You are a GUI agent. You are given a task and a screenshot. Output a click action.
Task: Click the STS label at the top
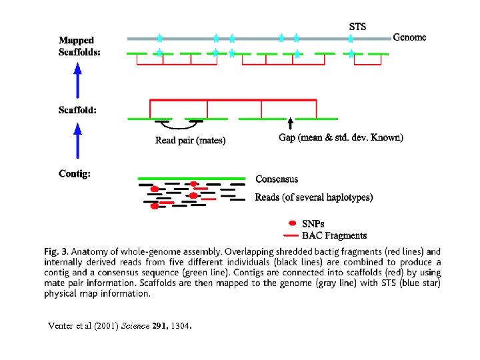click(357, 27)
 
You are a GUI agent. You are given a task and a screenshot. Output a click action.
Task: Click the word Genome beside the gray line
click(409, 37)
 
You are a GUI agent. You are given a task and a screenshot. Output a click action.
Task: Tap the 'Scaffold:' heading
click(77, 110)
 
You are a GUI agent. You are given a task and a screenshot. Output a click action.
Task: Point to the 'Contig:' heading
click(75, 174)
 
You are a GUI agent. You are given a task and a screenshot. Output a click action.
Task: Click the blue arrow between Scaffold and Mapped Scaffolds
click(78, 79)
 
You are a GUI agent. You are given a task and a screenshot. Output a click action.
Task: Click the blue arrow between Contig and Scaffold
click(78, 143)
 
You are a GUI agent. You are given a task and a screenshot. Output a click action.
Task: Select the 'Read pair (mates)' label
click(190, 140)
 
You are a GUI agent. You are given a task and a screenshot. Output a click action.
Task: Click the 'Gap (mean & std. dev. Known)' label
click(341, 138)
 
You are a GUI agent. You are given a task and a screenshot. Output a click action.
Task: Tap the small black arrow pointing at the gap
click(290, 124)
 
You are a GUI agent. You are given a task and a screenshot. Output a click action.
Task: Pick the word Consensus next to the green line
click(277, 179)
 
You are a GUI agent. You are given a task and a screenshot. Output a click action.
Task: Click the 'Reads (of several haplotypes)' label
click(313, 197)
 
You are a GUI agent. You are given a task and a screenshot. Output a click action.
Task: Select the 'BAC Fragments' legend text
click(334, 235)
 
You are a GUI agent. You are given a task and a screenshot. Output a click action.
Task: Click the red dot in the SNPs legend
click(291, 223)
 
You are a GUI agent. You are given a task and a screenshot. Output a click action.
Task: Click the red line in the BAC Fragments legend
click(291, 235)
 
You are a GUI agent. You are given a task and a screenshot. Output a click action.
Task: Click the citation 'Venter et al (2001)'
click(83, 326)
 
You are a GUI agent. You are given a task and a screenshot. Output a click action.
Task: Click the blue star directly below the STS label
click(351, 39)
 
